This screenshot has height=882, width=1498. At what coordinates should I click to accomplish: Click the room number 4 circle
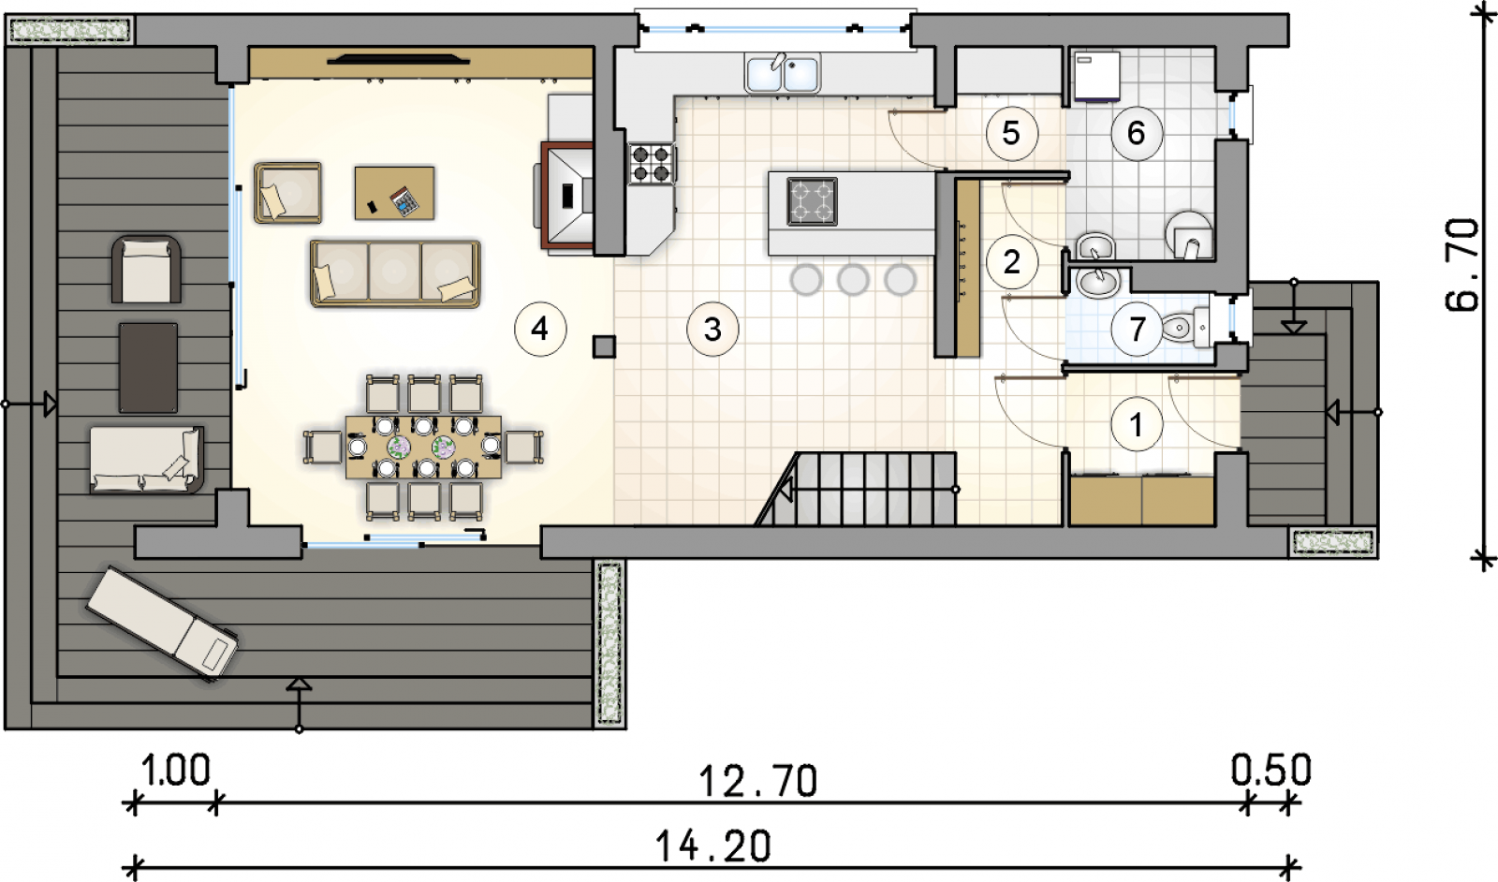[540, 329]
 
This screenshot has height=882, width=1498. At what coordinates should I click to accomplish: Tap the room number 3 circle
[712, 329]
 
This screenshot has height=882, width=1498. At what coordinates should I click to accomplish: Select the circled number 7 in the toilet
[1137, 329]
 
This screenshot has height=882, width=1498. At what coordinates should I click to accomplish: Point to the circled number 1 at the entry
[1137, 424]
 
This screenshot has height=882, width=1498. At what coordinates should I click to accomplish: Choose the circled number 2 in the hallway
[1012, 261]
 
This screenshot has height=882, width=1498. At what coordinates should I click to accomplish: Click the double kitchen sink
[783, 72]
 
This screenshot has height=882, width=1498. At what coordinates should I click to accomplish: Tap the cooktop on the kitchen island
[813, 201]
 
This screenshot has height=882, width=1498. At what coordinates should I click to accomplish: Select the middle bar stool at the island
[853, 280]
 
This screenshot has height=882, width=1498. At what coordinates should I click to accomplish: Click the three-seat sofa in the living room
[395, 273]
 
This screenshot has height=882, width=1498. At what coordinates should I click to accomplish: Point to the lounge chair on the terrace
[163, 623]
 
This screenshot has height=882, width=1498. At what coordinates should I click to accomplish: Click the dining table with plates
[423, 447]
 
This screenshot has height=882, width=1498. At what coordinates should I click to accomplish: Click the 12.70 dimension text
[758, 782]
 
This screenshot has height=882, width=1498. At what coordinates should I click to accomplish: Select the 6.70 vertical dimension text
[1462, 265]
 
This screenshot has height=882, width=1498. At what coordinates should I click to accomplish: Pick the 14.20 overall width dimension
[712, 846]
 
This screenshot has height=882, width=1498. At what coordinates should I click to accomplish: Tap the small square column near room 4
[604, 347]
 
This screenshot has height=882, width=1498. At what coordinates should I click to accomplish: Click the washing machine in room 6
[1096, 77]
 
